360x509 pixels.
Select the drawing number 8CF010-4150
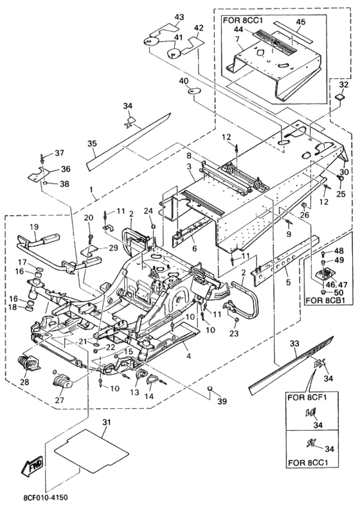click(x=46, y=497)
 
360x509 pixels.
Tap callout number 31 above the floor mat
click(x=107, y=422)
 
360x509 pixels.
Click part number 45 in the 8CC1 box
click(x=301, y=22)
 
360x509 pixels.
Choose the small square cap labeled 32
click(x=340, y=97)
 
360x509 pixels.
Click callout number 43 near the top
click(x=179, y=17)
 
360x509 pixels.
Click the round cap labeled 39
click(x=210, y=388)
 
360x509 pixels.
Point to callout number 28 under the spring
click(x=24, y=382)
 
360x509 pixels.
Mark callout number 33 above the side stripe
click(x=294, y=343)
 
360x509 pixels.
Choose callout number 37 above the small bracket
click(x=59, y=152)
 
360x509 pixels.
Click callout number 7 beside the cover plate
click(x=237, y=40)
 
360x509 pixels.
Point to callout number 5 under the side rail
click(x=288, y=283)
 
